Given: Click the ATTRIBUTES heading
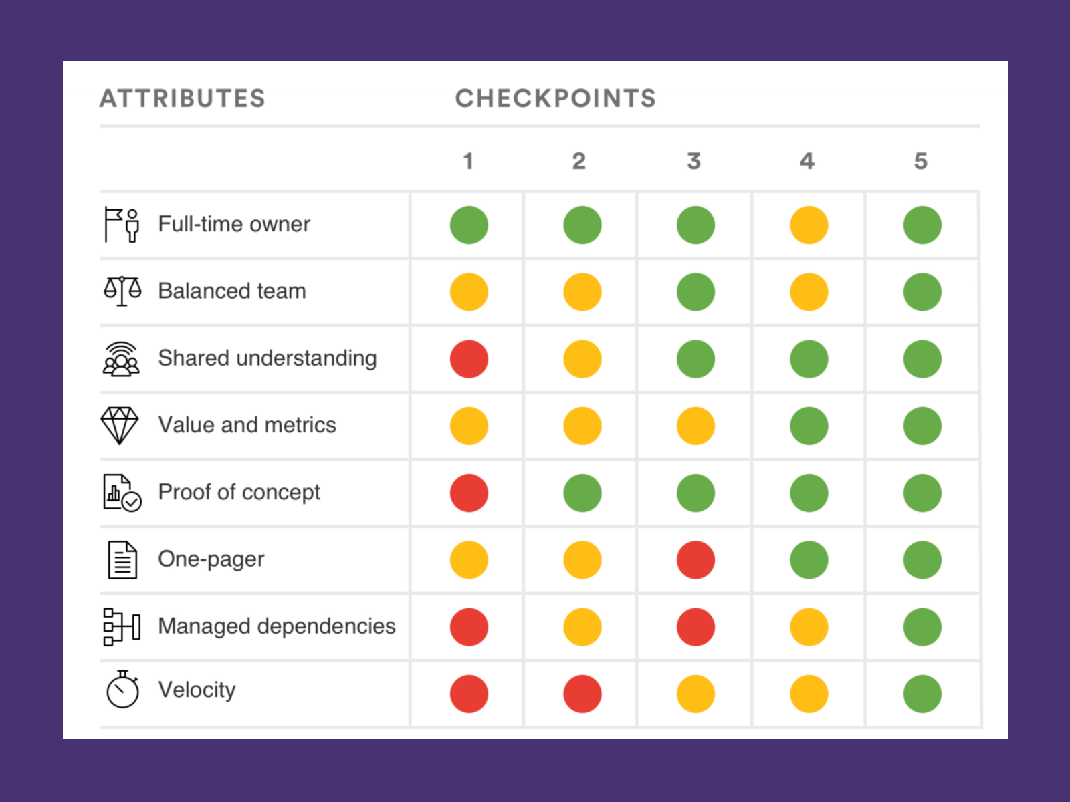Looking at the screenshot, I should [x=183, y=99].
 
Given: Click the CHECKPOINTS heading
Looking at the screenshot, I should [x=555, y=99].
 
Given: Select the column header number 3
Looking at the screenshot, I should [x=694, y=161].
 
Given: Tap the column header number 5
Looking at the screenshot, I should [x=921, y=161].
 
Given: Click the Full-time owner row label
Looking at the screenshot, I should [x=234, y=225].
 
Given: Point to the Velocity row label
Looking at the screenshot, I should [x=197, y=690].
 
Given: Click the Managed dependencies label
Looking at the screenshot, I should [x=277, y=626].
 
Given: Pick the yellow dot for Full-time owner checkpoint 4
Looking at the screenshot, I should [x=809, y=225].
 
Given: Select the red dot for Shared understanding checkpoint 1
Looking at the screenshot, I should [x=469, y=359].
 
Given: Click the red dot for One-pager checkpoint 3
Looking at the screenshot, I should [x=695, y=560].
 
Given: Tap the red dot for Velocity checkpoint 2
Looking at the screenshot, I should [x=582, y=694].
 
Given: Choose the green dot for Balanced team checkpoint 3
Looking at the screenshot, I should [x=695, y=292].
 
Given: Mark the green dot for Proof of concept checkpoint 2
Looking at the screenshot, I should [x=582, y=493].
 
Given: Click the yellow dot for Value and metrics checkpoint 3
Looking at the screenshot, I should [x=695, y=426].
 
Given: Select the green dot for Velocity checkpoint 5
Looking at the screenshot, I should [x=922, y=694].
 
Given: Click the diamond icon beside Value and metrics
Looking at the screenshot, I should [x=120, y=425].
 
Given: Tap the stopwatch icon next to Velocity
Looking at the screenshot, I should [x=122, y=690].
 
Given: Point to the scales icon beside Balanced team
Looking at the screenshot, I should [x=122, y=291].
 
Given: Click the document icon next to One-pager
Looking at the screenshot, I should [x=122, y=559].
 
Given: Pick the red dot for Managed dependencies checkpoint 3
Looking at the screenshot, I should [x=695, y=627].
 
